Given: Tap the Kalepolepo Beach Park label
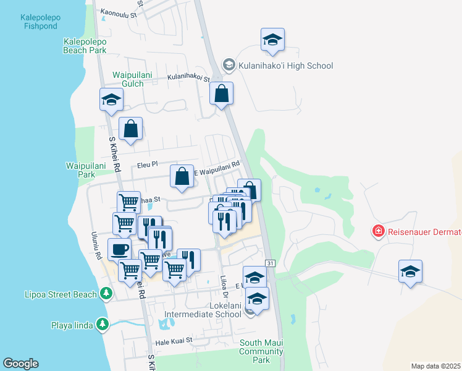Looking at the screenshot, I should tap(85, 46).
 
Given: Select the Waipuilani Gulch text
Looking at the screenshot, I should tap(128, 79).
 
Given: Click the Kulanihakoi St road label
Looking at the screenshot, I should tap(189, 79).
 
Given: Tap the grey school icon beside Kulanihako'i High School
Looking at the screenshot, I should tap(229, 65).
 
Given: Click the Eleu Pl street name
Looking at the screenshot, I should tap(148, 165).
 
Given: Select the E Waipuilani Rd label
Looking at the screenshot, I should tap(216, 168).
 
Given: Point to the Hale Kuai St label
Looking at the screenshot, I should tap(174, 340).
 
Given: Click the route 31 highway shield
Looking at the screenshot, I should tap(270, 263).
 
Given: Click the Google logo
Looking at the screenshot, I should tap(20, 364).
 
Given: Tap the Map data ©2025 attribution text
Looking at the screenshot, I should tap(435, 366).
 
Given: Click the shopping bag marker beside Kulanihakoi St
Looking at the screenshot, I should tap(221, 94).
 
